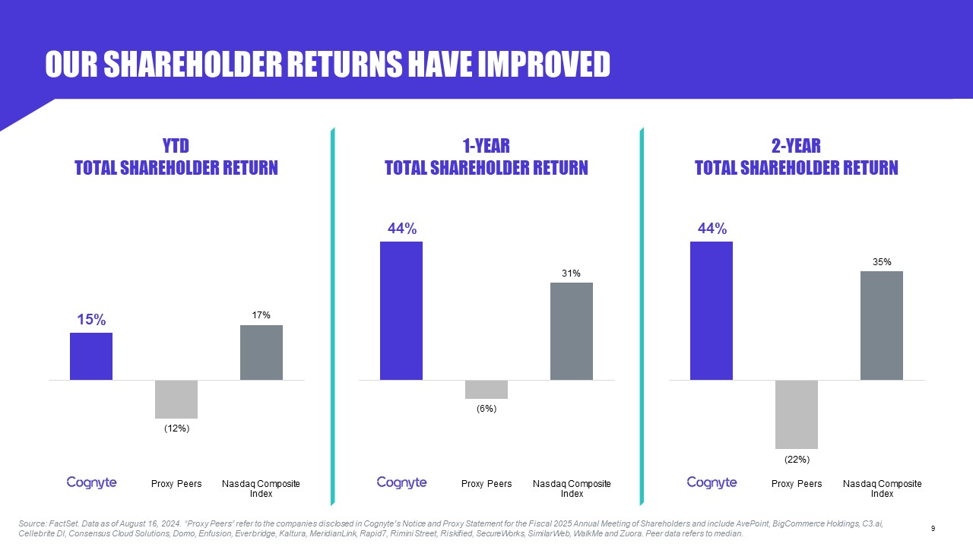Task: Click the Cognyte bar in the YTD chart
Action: [91, 356]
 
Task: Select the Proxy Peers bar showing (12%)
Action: [176, 400]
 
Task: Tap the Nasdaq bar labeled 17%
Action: [261, 353]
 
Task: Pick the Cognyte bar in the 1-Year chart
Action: [401, 311]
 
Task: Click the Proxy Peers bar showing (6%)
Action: [486, 390]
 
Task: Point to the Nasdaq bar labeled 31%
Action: [572, 331]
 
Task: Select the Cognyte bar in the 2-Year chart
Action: [712, 311]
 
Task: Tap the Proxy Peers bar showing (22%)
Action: [797, 415]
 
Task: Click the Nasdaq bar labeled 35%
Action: [882, 326]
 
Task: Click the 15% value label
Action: [91, 320]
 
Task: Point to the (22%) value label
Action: [797, 460]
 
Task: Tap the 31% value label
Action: [571, 273]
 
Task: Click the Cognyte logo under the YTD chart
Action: [92, 482]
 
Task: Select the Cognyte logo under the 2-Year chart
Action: [712, 482]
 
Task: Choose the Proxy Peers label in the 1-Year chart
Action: [486, 484]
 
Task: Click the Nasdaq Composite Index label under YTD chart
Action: [261, 489]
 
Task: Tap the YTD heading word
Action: [176, 146]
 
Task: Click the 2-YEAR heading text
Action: [796, 146]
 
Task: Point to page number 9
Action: [933, 528]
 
